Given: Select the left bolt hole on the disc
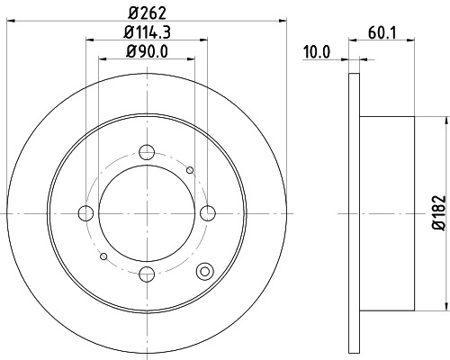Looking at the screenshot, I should pyautogui.click(x=86, y=212).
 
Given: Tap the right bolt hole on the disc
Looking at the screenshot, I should pyautogui.click(x=209, y=212).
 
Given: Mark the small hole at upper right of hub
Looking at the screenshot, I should pyautogui.click(x=190, y=169).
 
